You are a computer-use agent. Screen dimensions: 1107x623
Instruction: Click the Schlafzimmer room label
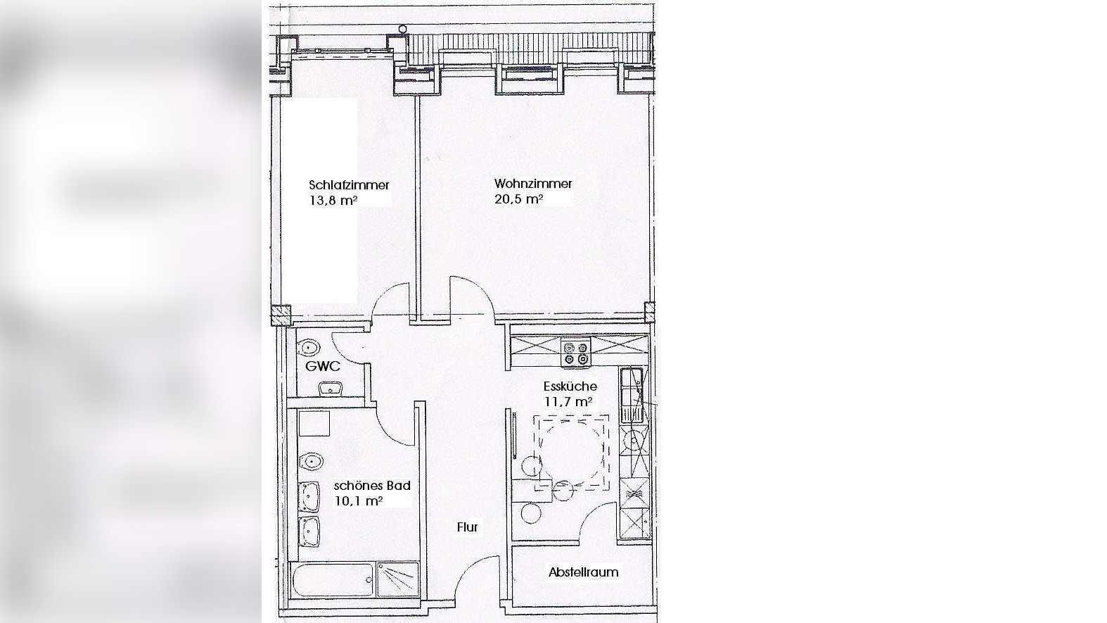coord(349,185)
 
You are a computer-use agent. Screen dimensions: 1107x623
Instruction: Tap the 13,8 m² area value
coord(333,201)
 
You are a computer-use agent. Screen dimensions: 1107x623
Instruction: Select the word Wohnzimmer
coord(533,184)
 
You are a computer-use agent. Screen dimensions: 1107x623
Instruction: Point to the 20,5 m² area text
coord(519,199)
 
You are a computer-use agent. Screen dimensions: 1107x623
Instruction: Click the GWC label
coord(323,367)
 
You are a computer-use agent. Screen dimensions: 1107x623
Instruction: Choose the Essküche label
coord(570,386)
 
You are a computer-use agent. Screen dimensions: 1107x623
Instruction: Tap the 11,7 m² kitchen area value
coord(568,401)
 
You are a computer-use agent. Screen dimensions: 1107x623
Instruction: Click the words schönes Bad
coord(372,486)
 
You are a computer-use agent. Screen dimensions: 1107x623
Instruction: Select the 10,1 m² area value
coord(358,501)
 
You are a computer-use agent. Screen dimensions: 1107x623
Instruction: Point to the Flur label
coord(467,527)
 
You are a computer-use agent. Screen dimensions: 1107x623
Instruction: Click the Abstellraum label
coord(583,572)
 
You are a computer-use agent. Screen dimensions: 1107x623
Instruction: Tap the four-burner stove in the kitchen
coord(576,353)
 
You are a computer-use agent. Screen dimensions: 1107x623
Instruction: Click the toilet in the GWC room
coord(310,347)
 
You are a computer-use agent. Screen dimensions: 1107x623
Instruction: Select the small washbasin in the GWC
coord(331,389)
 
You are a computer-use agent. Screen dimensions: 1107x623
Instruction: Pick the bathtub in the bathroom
coord(333,581)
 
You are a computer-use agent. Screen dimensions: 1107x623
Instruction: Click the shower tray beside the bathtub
coord(398,579)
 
